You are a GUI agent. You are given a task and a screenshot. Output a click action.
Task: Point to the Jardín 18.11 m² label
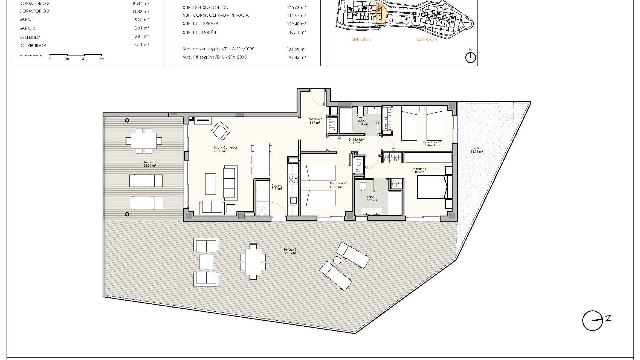tap(477, 150)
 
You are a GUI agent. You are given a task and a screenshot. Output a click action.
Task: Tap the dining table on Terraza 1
tap(144, 141)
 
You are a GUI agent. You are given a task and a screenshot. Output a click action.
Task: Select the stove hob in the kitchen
tap(293, 180)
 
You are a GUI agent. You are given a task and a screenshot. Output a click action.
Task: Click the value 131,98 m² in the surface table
tap(296, 49)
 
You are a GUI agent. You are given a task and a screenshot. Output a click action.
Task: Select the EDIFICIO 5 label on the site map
tap(361, 39)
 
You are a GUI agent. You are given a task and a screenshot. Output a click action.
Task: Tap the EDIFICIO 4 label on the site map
tap(427, 39)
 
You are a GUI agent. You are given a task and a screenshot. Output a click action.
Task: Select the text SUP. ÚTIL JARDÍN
tap(199, 32)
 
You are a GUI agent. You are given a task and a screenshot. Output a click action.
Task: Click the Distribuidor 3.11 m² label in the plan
tap(356, 141)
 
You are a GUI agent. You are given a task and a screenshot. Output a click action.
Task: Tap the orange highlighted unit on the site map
tap(380, 14)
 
